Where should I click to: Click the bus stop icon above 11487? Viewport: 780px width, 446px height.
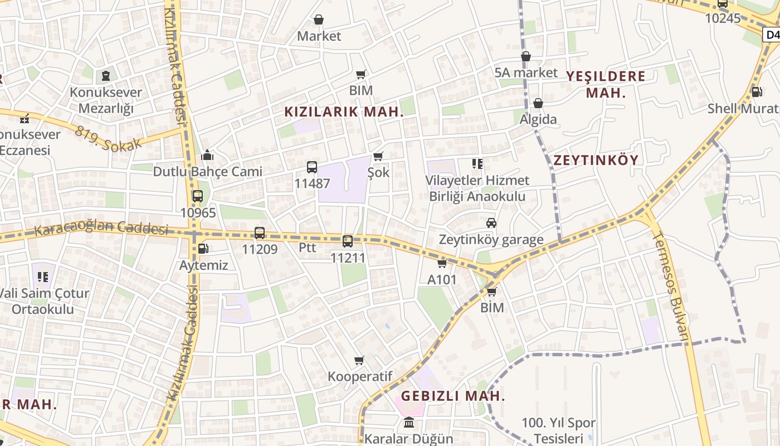coord(312,167)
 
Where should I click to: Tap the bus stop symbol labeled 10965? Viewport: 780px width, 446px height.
coord(197,196)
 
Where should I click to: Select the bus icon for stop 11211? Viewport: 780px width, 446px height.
coord(348,241)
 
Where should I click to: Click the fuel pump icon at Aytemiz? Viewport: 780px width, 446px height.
coord(203,249)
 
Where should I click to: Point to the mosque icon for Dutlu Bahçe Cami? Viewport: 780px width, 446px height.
coord(208,154)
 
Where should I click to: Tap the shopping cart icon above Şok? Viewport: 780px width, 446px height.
coord(378,157)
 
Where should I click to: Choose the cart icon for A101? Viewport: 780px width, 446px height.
coord(442,263)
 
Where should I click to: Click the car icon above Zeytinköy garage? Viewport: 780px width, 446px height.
coord(491,223)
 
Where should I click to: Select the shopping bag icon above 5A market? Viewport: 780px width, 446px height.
coord(526,56)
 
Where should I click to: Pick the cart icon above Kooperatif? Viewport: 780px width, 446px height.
coord(359,361)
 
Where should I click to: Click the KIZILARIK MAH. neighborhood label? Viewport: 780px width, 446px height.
coord(344,111)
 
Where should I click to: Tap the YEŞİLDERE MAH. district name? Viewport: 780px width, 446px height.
coord(606,84)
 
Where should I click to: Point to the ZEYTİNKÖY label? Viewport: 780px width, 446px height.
coord(596,161)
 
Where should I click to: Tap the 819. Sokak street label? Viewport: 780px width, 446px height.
coord(109,136)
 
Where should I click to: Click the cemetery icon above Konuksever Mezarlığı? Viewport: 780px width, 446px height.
coord(105,75)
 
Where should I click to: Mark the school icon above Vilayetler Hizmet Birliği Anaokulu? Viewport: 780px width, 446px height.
coord(477,164)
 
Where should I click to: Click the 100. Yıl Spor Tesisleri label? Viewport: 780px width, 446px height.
coord(558,431)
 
